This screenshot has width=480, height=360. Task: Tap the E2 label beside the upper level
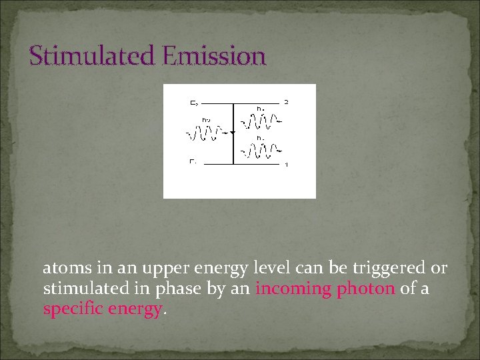[193, 103]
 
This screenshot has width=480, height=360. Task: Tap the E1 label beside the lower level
[192, 161]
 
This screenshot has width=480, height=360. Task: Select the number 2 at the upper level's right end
[286, 102]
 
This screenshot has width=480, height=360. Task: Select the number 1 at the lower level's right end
[286, 164]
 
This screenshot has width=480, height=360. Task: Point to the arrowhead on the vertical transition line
[232, 133]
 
